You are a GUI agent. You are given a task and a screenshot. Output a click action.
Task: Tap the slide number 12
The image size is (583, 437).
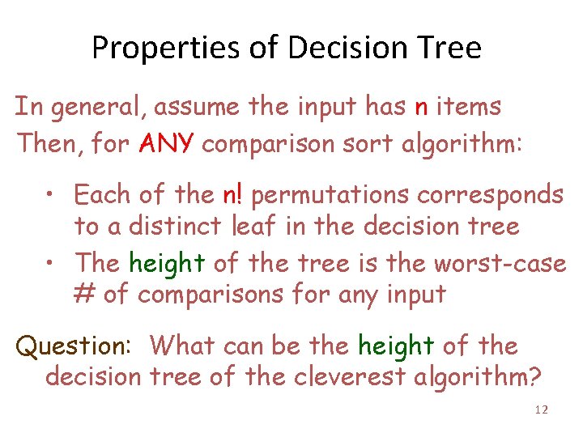[x=542, y=410]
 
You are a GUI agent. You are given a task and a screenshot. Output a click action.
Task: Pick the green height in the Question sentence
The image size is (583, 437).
[x=395, y=346]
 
